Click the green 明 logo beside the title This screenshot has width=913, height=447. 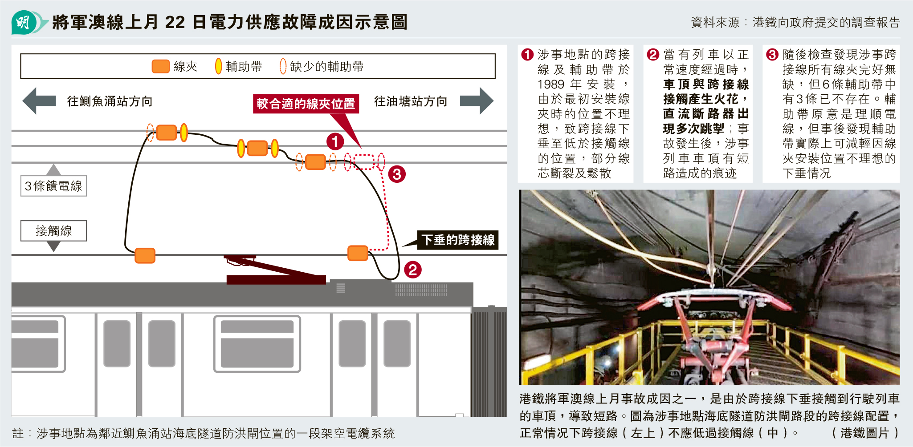(23, 22)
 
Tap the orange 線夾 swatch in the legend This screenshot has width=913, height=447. (160, 66)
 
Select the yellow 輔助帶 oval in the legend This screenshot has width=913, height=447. (218, 66)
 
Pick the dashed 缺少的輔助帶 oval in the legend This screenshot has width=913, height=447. (283, 66)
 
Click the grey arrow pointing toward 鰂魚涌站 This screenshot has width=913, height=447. (39, 101)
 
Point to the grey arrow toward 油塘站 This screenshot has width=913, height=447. (477, 101)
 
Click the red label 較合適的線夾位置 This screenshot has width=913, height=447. (306, 104)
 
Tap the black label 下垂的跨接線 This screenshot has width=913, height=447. (458, 240)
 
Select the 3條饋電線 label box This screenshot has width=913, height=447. (53, 186)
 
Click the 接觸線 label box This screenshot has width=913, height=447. (53, 231)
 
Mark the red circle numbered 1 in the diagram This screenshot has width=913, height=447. (335, 142)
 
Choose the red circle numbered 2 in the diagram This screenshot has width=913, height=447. (412, 270)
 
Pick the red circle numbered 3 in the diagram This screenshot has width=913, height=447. (397, 174)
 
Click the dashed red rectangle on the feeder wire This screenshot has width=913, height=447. (364, 161)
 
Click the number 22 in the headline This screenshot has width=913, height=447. (175, 22)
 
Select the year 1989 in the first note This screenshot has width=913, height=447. (551, 84)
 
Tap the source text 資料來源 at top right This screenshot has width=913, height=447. (715, 22)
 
